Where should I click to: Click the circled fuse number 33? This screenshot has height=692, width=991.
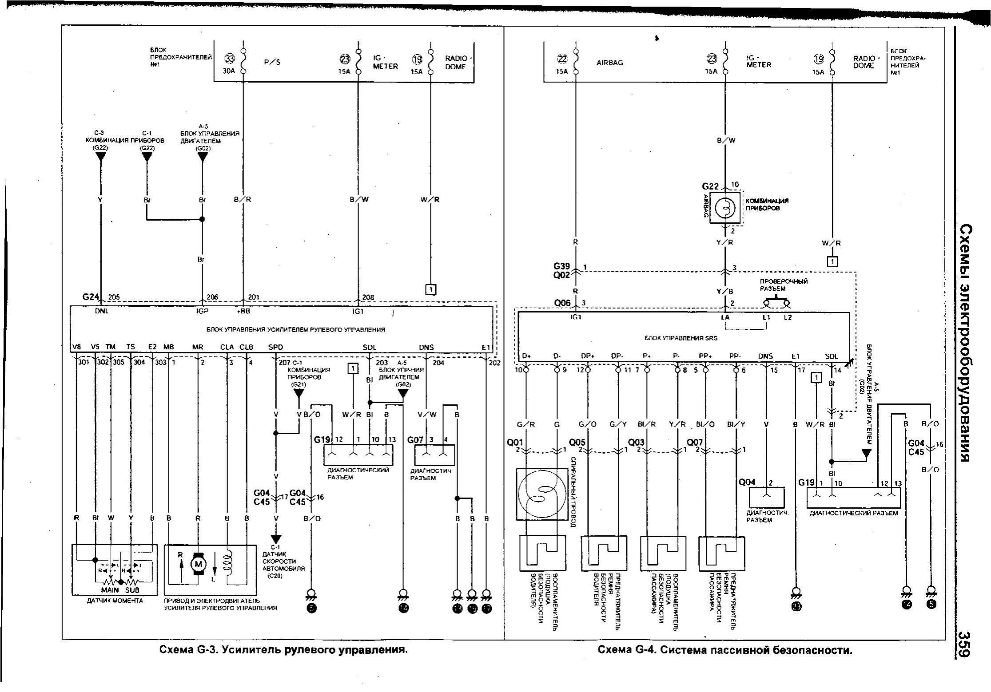tap(229, 59)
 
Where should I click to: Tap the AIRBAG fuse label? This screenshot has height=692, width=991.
tap(609, 63)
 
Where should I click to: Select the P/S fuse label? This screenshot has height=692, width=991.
tap(272, 62)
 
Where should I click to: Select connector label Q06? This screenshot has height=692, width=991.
tap(562, 303)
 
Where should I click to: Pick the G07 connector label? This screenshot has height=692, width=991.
tap(415, 439)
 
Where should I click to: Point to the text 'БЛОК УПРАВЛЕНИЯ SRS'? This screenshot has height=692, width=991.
tap(681, 338)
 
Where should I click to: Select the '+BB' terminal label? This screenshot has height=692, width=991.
tap(243, 311)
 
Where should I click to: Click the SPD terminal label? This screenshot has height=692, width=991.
tap(275, 347)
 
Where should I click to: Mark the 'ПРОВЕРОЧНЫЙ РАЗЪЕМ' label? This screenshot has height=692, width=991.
tap(783, 285)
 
